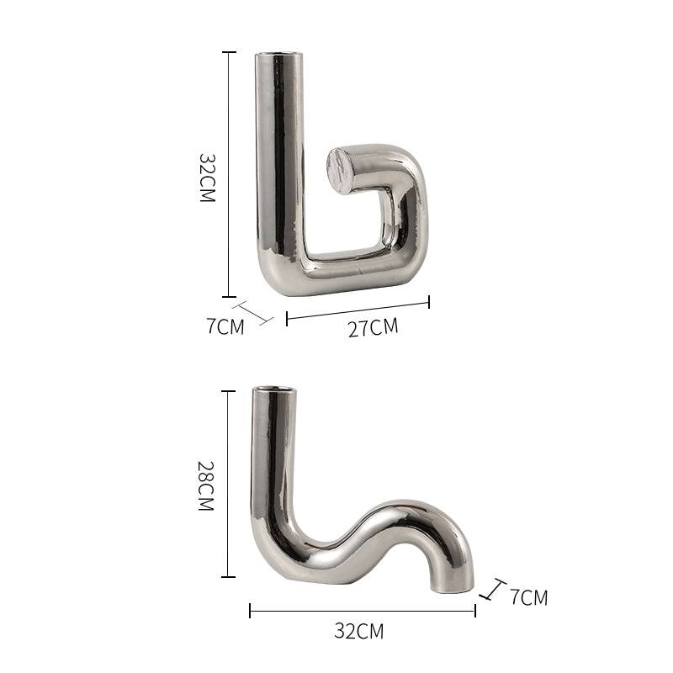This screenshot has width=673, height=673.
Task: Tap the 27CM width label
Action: point(373,327)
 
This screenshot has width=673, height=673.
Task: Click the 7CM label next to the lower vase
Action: point(528,598)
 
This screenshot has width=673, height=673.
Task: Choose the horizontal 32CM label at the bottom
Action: point(358,631)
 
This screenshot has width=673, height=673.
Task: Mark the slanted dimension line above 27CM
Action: point(358,309)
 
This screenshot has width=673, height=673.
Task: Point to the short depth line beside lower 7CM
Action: point(492,589)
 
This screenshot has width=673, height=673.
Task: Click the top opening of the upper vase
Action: point(279,56)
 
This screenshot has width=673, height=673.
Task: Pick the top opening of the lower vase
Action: point(276,390)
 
